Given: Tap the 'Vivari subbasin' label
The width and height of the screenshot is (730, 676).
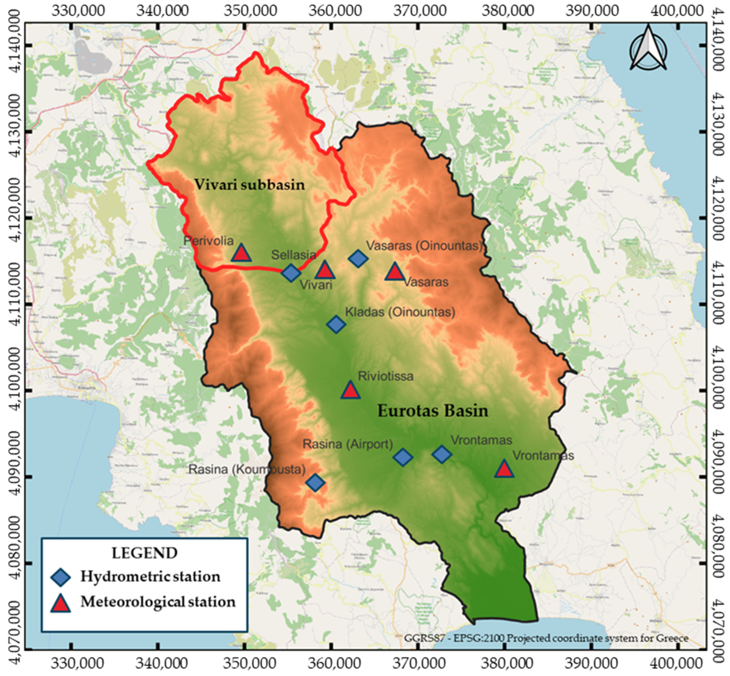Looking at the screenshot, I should pyautogui.click(x=249, y=185).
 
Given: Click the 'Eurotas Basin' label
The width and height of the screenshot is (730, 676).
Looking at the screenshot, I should pyautogui.click(x=433, y=411).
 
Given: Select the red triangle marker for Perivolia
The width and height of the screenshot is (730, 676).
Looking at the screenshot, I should pyautogui.click(x=241, y=253).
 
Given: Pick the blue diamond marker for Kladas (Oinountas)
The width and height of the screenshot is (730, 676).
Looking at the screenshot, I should pyautogui.click(x=336, y=324).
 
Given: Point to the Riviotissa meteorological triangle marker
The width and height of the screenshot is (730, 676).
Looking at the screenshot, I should pyautogui.click(x=350, y=390).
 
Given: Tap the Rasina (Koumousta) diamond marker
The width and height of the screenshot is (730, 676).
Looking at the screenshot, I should pyautogui.click(x=315, y=483).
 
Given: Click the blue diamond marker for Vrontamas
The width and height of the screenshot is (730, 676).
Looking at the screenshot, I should pyautogui.click(x=442, y=454).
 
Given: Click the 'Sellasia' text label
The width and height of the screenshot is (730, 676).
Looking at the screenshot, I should pyautogui.click(x=294, y=255).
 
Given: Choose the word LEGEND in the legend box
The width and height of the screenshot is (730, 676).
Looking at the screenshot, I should pyautogui.click(x=145, y=553).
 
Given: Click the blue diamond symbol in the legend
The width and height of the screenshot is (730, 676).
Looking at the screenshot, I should pyautogui.click(x=61, y=577).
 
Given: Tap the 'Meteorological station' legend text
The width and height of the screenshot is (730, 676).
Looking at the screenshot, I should pyautogui.click(x=158, y=602).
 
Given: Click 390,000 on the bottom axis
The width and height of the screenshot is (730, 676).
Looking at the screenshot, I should pyautogui.click(x=592, y=663).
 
